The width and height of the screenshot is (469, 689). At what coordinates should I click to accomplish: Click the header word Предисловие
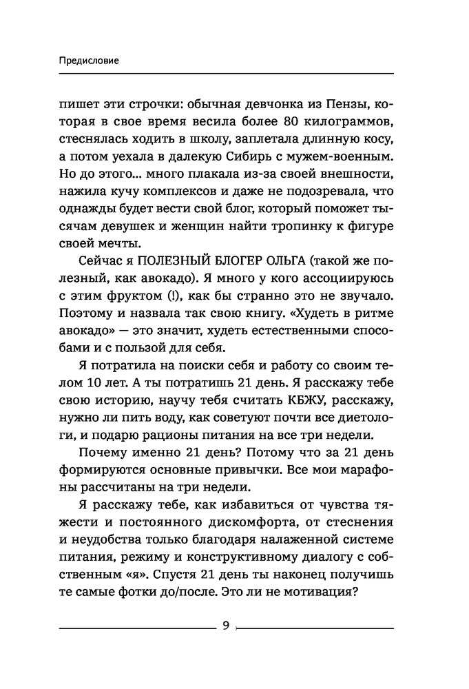90,60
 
